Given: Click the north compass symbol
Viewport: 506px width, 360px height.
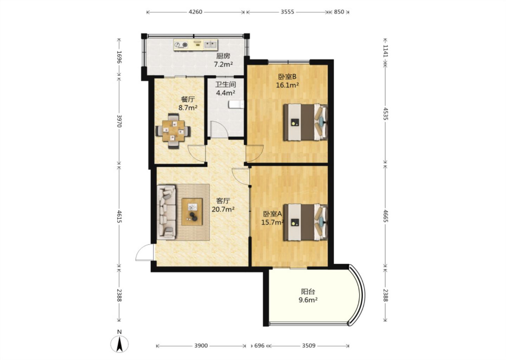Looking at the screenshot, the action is pyautogui.click(x=119, y=345).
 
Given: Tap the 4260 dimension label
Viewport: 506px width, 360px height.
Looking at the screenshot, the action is pyautogui.click(x=195, y=12).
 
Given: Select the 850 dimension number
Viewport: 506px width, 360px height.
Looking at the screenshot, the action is pyautogui.click(x=339, y=12).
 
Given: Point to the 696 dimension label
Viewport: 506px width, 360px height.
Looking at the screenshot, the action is pyautogui.click(x=259, y=346).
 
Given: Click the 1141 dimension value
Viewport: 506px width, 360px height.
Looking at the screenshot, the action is pyautogui.click(x=385, y=51).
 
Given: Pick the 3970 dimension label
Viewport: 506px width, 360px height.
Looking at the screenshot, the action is pyautogui.click(x=119, y=121).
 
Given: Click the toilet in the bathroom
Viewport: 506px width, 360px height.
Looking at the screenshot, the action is pyautogui.click(x=236, y=104).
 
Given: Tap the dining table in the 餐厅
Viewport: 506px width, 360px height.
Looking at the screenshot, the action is pyautogui.click(x=173, y=131).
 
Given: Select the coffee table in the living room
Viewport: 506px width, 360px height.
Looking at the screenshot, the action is pyautogui.click(x=192, y=212).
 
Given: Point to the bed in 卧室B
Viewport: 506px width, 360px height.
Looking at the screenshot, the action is pyautogui.click(x=305, y=122).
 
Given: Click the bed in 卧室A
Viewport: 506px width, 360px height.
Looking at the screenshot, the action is pyautogui.click(x=305, y=223).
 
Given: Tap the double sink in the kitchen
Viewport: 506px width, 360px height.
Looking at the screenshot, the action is pyautogui.click(x=210, y=45).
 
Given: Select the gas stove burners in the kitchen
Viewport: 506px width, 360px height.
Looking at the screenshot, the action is pyautogui.click(x=181, y=45).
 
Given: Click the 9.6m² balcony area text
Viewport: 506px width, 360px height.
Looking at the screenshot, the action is pyautogui.click(x=308, y=300).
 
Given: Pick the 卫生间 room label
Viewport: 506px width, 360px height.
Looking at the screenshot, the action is pyautogui.click(x=226, y=84).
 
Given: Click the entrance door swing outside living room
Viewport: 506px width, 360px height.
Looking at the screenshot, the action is pyautogui.click(x=144, y=253).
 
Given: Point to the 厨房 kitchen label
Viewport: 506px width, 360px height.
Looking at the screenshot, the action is pyautogui.click(x=223, y=56).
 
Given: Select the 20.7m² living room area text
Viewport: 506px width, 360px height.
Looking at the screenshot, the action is pyautogui.click(x=223, y=209).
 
